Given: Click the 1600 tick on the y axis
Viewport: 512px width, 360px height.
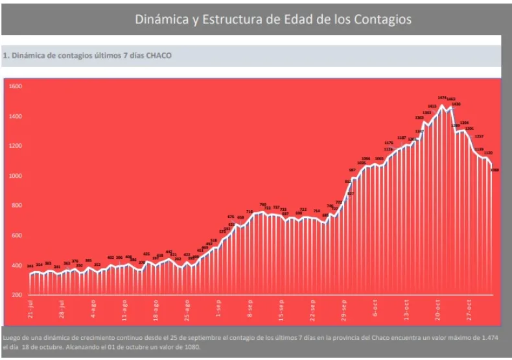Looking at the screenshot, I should (15, 86).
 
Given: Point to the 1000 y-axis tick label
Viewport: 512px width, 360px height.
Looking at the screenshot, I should (15, 176).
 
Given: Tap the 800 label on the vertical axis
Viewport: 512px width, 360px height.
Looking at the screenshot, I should (16, 206).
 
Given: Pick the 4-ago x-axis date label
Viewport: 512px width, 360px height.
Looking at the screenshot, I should (93, 307).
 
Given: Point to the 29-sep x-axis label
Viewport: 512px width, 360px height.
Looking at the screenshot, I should (343, 307).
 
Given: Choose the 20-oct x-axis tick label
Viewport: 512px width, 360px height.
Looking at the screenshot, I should (437, 307).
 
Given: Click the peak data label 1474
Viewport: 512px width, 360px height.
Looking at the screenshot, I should (442, 97).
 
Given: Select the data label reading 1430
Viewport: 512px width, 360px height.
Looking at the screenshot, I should (456, 104).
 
